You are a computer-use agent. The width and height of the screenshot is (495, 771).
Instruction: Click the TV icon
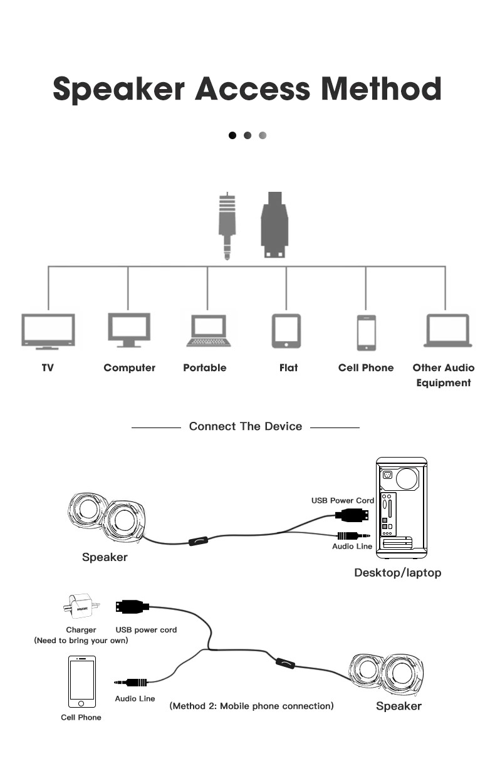[x=48, y=330]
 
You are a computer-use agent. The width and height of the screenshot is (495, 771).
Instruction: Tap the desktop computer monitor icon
[x=128, y=330]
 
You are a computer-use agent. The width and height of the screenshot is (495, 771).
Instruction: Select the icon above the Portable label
[x=208, y=330]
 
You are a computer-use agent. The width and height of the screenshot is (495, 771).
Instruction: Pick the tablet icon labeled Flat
[x=286, y=330]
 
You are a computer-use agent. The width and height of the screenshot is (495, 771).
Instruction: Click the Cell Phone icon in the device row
[x=367, y=332]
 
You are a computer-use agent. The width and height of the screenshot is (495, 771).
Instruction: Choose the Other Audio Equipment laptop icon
[x=447, y=330]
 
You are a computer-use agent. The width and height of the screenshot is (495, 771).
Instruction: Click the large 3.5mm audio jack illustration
[x=227, y=226]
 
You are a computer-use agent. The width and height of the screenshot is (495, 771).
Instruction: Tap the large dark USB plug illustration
[x=274, y=224]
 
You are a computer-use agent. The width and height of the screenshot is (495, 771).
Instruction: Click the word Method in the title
[x=381, y=88]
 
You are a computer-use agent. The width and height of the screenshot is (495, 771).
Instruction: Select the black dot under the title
[x=232, y=135]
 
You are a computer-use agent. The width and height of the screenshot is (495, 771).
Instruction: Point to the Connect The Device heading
[x=246, y=426]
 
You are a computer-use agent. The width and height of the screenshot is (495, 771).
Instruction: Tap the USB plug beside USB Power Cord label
[x=352, y=515]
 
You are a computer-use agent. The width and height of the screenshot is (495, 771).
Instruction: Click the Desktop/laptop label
[x=398, y=572]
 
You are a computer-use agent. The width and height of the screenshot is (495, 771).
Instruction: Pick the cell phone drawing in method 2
[x=82, y=681]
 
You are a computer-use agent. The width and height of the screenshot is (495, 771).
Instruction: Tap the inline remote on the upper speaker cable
[x=199, y=540]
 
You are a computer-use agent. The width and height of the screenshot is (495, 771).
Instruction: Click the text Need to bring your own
[x=81, y=641]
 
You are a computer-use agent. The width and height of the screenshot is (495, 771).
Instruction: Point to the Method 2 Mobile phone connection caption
[x=251, y=706]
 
